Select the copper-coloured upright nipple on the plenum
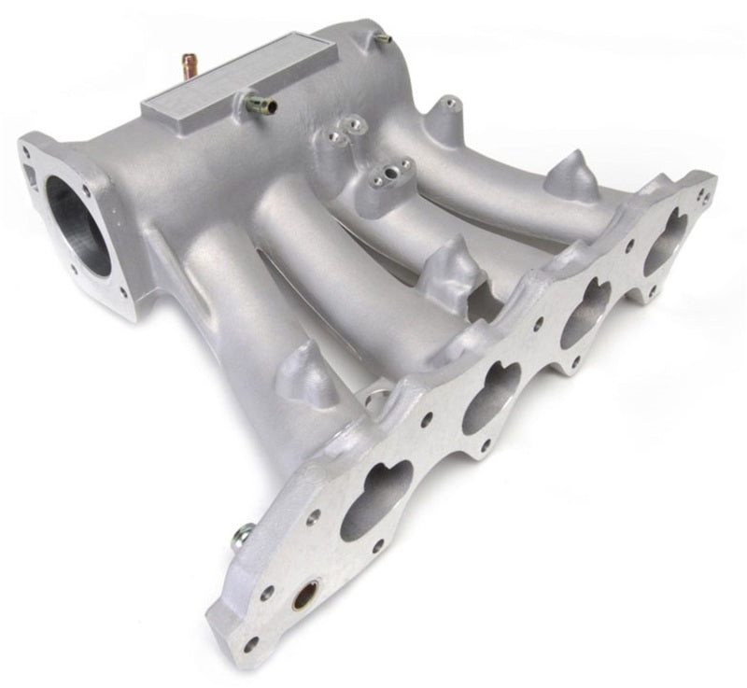[x=189, y=65]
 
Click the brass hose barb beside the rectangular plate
[x=261, y=105]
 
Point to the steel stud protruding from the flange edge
[x=241, y=536]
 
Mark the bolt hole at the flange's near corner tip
[x=250, y=643]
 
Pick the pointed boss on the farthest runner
[x=571, y=176]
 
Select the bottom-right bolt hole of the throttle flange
[x=124, y=292]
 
